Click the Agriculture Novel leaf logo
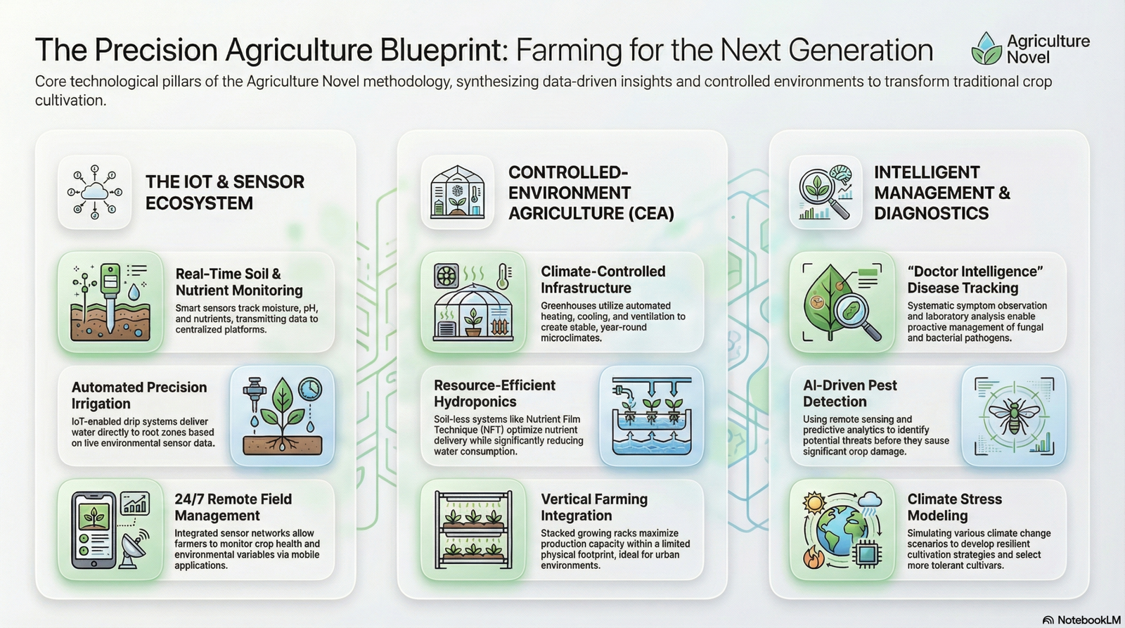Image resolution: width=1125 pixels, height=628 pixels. pos(987,49)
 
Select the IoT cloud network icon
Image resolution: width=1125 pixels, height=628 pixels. pos(94,193)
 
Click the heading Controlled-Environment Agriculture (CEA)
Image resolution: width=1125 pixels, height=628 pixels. pos(591,193)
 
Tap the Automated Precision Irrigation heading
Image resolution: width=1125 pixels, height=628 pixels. pos(139,395)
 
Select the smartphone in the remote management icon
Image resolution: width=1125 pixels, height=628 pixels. pos(91,530)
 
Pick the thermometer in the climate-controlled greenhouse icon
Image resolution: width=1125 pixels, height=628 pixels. pos(503,276)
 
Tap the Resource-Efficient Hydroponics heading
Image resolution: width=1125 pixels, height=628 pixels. pos(494,393)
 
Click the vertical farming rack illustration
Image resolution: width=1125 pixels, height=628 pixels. pos(474,530)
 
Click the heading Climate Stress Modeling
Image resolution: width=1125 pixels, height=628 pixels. pos(954,508)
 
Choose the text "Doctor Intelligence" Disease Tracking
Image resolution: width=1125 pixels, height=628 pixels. pos(975,280)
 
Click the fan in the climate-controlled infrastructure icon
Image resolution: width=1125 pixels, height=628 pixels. pos(446,276)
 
